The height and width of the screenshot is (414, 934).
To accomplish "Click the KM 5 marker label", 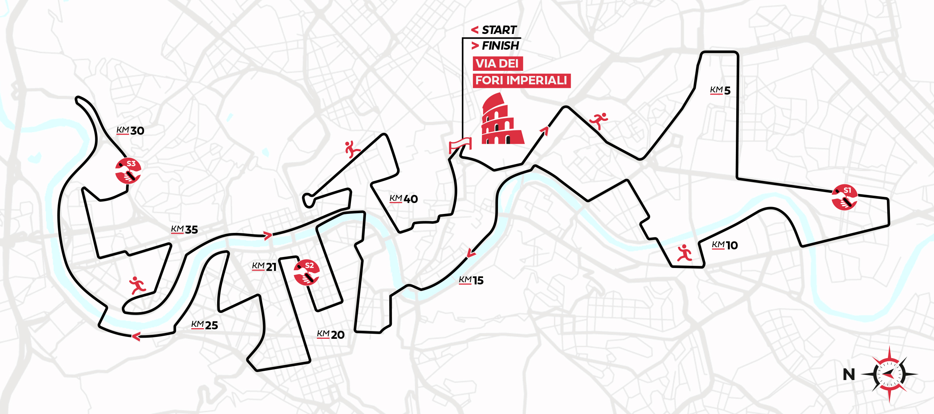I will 720,90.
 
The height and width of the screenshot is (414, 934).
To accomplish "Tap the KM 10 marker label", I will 725,245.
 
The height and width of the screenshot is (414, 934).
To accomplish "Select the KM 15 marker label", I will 471,280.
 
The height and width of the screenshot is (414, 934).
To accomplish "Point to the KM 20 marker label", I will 331,334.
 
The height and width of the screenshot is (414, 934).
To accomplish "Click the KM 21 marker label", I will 264,267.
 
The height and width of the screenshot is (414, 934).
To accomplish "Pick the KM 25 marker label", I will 204,325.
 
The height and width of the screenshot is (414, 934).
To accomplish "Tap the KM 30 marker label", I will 130,130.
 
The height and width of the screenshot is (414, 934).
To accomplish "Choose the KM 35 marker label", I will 184,230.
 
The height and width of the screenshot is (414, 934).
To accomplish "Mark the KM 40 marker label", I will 404,199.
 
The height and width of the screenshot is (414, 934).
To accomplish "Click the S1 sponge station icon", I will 844,197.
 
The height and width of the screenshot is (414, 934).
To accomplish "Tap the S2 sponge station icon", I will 306,272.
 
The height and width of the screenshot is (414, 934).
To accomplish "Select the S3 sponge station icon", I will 128,170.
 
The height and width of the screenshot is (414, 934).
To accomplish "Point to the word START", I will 499,30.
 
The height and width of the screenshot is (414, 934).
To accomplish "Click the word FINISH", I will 500,46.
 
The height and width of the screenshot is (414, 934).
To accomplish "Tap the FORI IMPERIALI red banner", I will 521,80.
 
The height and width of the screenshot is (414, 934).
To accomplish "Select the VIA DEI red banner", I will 498,64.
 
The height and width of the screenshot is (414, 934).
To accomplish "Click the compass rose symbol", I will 889,374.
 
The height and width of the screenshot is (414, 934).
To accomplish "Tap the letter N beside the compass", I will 849,375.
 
